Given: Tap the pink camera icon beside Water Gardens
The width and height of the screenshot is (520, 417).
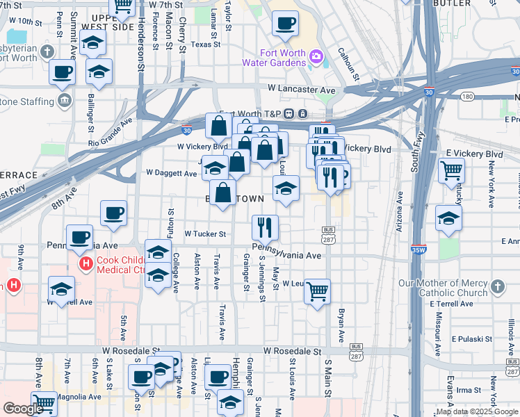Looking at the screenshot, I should coord(317,55).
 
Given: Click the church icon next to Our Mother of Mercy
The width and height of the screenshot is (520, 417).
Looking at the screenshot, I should coord(497,286).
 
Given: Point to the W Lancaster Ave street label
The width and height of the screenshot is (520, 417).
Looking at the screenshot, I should coord(302,90).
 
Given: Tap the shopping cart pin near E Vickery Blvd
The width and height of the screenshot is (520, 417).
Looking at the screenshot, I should coord(452,170).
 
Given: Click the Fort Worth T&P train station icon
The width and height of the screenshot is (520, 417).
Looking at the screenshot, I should coord(303,114).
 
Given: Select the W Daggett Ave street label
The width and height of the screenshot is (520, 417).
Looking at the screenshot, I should coord(171,173).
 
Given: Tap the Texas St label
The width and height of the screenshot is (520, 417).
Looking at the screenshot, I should coord(205,44).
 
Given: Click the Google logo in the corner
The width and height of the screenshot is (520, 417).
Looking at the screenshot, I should coord(23,409).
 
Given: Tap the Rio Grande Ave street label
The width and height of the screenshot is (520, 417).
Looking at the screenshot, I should coord(111,132).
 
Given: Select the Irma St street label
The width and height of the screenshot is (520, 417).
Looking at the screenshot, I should coord(470,391).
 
